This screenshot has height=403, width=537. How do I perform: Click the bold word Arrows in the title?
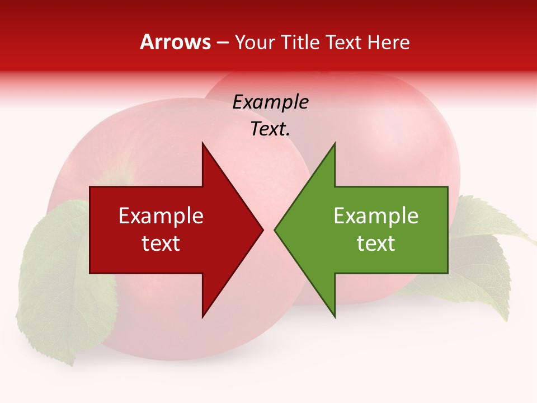pos(175,42)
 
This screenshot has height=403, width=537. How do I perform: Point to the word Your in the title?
pos(255,42)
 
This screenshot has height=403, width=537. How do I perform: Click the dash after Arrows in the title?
pos(223,43)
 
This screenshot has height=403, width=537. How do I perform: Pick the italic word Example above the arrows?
pos(270,102)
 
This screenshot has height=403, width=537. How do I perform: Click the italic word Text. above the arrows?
pos(270,129)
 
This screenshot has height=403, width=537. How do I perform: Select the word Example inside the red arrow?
pos(161,216)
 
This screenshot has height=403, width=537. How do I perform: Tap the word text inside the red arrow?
pos(161,243)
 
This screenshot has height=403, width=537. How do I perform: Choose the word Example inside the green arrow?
pos(376,216)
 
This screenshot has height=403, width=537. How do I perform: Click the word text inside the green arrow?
pos(376,243)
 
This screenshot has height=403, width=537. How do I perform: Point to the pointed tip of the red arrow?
pos(262,229)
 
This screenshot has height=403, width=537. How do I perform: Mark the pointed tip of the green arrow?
pos(275,229)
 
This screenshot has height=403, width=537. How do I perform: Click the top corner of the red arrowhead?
pos(202,143)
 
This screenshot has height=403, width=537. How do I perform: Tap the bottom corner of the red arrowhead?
pos(202,317)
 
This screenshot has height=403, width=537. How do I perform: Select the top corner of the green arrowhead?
pos(335,143)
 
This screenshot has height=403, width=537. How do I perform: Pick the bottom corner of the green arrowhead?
pos(335,317)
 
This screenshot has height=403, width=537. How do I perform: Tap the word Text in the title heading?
pos(345,42)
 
